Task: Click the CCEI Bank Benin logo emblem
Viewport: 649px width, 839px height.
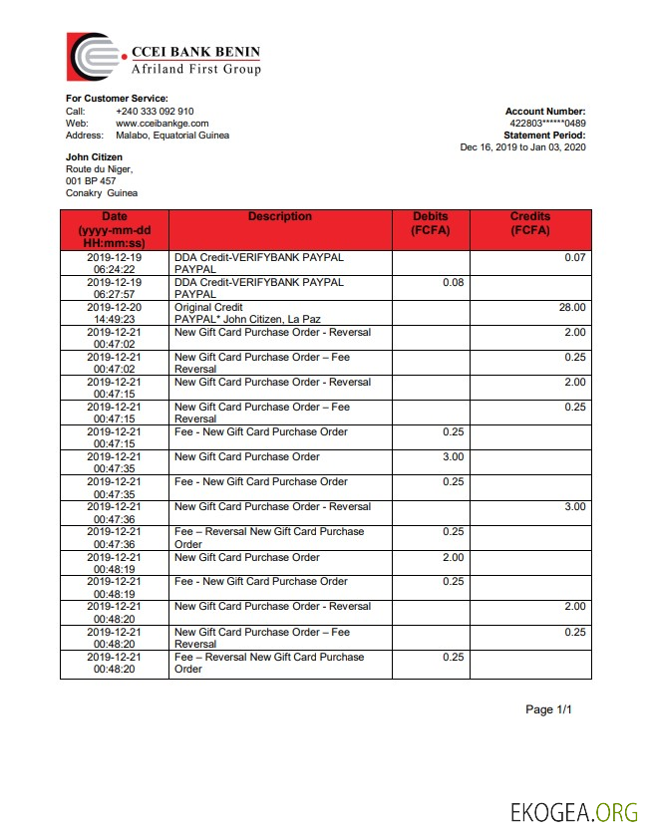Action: (x=96, y=56)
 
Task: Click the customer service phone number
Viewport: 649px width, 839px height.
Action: (x=155, y=112)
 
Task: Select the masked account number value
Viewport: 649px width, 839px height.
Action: (x=547, y=124)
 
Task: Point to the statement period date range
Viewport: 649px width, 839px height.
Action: (x=522, y=147)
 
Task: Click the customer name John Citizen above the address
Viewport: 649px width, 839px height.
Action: (x=95, y=157)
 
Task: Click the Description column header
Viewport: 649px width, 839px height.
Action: (x=280, y=217)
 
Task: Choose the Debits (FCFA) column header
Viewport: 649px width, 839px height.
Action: (x=431, y=223)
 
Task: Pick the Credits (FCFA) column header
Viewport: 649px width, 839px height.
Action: (x=530, y=223)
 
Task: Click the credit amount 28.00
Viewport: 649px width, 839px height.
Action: (x=573, y=308)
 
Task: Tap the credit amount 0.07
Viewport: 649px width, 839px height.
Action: (x=575, y=258)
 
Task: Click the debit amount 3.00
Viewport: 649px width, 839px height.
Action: (x=453, y=457)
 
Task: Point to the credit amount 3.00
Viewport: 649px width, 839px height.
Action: (x=575, y=507)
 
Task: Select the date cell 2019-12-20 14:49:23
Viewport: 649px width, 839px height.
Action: (x=114, y=314)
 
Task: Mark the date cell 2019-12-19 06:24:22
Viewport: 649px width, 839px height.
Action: (x=114, y=263)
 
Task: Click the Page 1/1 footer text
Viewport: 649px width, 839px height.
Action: (x=549, y=709)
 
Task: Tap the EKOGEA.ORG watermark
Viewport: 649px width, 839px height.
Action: (x=573, y=812)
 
